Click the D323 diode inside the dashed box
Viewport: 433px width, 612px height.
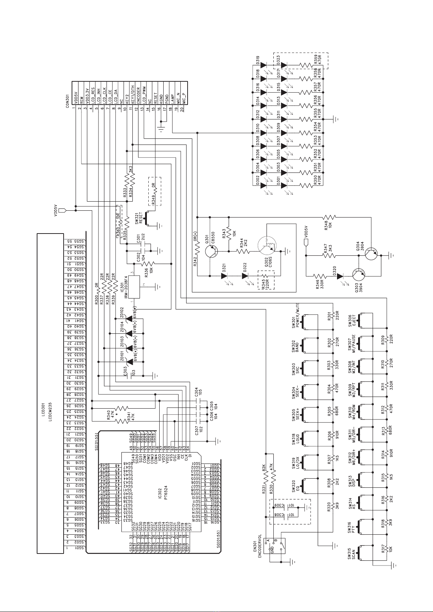[x=284, y=65]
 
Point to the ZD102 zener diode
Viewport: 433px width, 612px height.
[x=128, y=318]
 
